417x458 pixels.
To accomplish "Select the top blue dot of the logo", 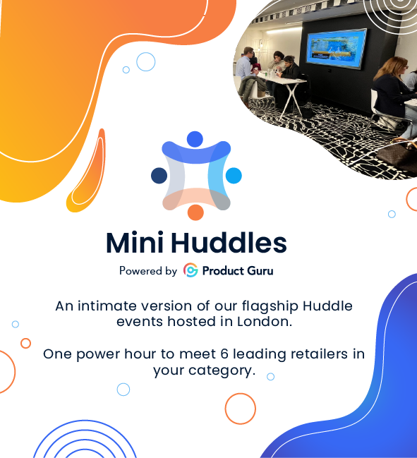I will click(195, 139).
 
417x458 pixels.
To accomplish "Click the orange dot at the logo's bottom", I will click(195, 212).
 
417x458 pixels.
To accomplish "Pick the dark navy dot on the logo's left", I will click(159, 176).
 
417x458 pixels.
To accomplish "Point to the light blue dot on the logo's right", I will click(234, 176).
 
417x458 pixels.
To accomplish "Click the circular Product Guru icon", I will click(191, 270).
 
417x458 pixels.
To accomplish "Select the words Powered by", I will click(148, 270).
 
